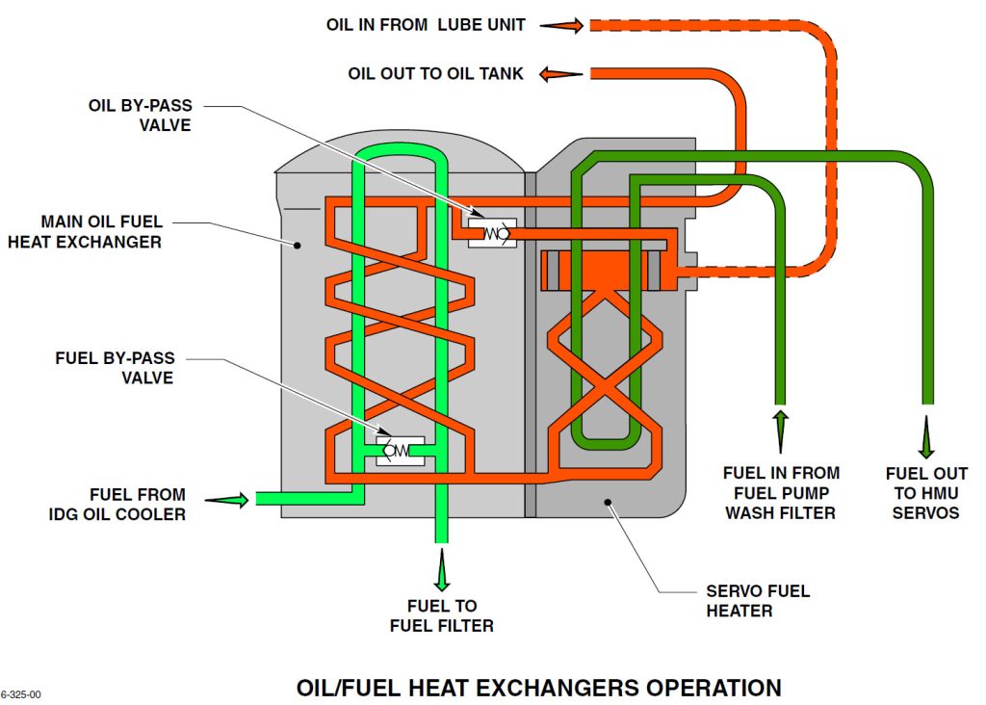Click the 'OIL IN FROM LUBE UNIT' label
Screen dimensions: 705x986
pyautogui.click(x=426, y=25)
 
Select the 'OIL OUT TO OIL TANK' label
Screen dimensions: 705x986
pyautogui.click(x=435, y=73)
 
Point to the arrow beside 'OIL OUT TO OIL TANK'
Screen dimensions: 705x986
pyautogui.click(x=562, y=73)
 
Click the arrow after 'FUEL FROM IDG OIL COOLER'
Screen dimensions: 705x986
pyautogui.click(x=226, y=499)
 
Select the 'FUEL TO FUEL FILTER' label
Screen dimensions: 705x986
pyautogui.click(x=442, y=615)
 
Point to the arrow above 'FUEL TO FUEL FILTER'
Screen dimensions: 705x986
pyautogui.click(x=442, y=570)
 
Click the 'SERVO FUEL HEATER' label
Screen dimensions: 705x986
pyautogui.click(x=758, y=600)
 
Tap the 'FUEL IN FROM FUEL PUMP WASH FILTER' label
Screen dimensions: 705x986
pyautogui.click(x=781, y=492)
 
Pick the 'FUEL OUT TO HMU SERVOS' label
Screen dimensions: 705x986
pyautogui.click(x=926, y=492)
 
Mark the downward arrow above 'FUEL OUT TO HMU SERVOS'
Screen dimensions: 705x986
pyautogui.click(x=926, y=435)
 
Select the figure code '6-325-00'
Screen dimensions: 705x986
pyautogui.click(x=20, y=693)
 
